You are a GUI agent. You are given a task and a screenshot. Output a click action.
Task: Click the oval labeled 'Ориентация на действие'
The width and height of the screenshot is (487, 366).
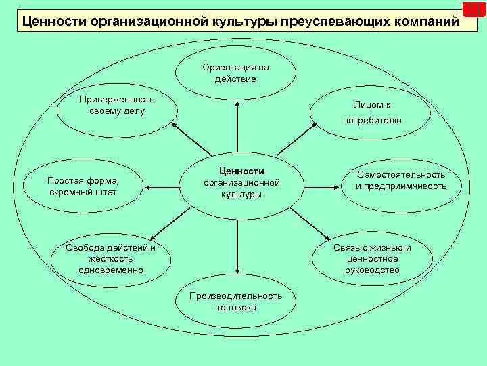click(x=235, y=73)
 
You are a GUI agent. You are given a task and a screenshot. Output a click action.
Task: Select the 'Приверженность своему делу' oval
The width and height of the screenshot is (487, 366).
click(x=116, y=108)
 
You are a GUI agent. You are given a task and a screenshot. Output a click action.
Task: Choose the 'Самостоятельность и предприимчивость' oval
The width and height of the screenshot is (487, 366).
click(x=400, y=181)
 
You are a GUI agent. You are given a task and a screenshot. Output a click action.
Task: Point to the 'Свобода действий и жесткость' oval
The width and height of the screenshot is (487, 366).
click(x=110, y=258)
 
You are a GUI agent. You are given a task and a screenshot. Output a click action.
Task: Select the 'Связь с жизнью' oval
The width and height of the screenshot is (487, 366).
click(x=371, y=258)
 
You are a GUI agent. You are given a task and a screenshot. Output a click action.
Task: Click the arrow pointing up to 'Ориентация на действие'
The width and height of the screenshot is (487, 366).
click(x=237, y=129)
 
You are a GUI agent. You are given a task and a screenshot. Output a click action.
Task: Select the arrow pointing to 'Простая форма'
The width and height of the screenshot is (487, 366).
click(x=162, y=184)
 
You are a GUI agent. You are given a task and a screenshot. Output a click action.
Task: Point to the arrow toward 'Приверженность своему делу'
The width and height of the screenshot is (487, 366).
click(x=191, y=141)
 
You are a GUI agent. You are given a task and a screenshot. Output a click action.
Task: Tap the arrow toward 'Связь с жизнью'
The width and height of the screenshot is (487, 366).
click(x=308, y=224)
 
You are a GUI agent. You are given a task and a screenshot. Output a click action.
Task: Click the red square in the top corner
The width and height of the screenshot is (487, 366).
click(x=473, y=9)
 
